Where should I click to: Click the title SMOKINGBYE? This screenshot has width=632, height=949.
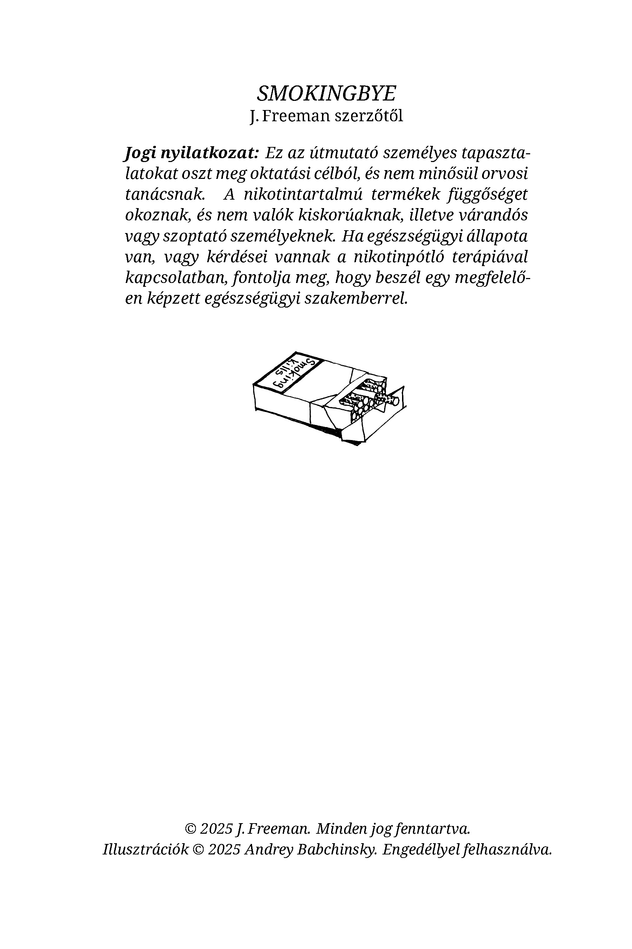327,93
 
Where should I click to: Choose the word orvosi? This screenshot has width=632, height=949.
507,174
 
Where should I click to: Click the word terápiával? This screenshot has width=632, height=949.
490,257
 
